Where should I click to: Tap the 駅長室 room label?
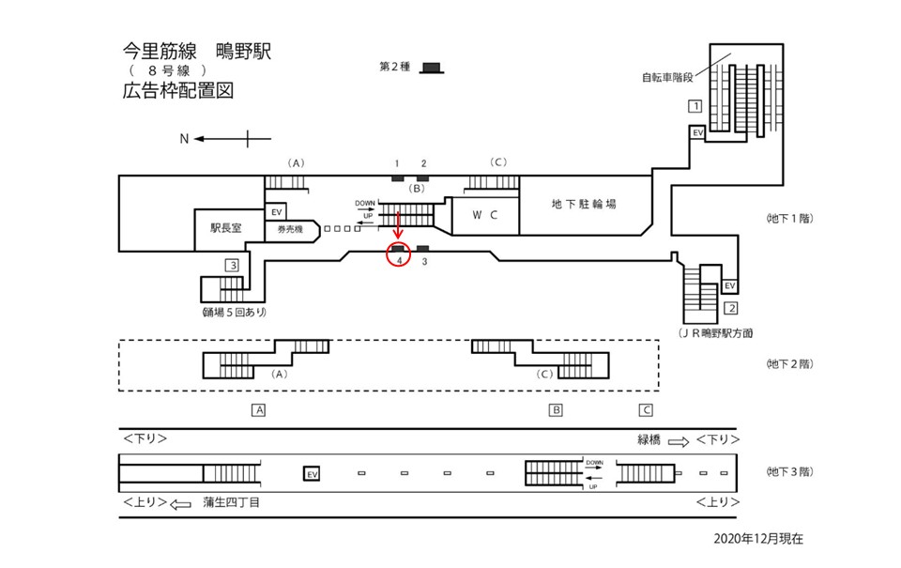[226, 228]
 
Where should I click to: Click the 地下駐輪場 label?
[583, 204]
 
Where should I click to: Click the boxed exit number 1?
[695, 106]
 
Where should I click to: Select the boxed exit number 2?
[731, 308]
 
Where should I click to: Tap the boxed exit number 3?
[231, 265]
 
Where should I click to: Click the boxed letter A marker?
[259, 409]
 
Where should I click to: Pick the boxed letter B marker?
[556, 409]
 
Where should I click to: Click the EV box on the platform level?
[312, 474]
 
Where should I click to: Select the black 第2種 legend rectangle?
[432, 67]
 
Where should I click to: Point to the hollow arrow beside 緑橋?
[678, 439]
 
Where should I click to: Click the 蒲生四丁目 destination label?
[231, 502]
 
